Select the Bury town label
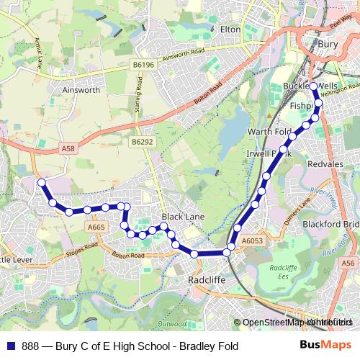tap(328, 44)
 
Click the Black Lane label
tap(183, 216)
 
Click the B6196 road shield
tap(143, 65)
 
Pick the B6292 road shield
tap(143, 143)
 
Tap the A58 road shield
tap(68, 148)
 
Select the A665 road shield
tap(96, 227)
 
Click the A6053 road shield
tap(253, 240)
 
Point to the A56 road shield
tap(348, 264)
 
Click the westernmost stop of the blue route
tap(41, 183)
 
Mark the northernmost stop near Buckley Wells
tap(313, 87)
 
